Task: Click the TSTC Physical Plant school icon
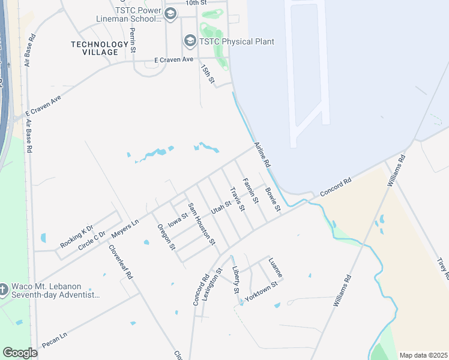pyautogui.click(x=190, y=41)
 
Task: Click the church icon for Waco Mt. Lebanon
pyautogui.click(x=4, y=290)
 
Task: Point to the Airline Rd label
pyautogui.click(x=263, y=155)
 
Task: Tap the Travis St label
pyautogui.click(x=237, y=199)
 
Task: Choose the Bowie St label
pyautogui.click(x=273, y=200)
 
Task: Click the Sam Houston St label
pyautogui.click(x=202, y=224)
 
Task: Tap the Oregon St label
pyautogui.click(x=166, y=236)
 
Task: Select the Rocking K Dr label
pyautogui.click(x=77, y=236)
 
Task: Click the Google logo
pyautogui.click(x=20, y=353)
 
